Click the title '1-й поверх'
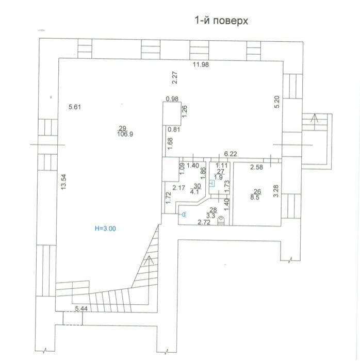(x=221, y=21)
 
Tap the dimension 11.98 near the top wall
(x=201, y=64)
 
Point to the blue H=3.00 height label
(x=105, y=228)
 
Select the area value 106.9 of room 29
(x=125, y=134)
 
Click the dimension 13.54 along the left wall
(x=63, y=182)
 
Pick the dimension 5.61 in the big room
(x=75, y=107)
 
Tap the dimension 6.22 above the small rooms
(x=231, y=154)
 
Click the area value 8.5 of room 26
(x=255, y=198)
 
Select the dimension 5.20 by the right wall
(x=277, y=102)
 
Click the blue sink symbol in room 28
(x=184, y=215)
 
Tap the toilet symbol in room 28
(x=221, y=221)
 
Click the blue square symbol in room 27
(x=212, y=184)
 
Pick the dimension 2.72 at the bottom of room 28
(x=204, y=222)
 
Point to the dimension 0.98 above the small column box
(x=172, y=99)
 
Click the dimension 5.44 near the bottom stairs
(x=81, y=309)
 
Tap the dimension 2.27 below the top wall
(x=175, y=78)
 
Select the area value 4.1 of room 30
(x=194, y=192)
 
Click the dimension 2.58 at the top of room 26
(x=257, y=167)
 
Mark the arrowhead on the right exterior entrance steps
(x=315, y=118)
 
